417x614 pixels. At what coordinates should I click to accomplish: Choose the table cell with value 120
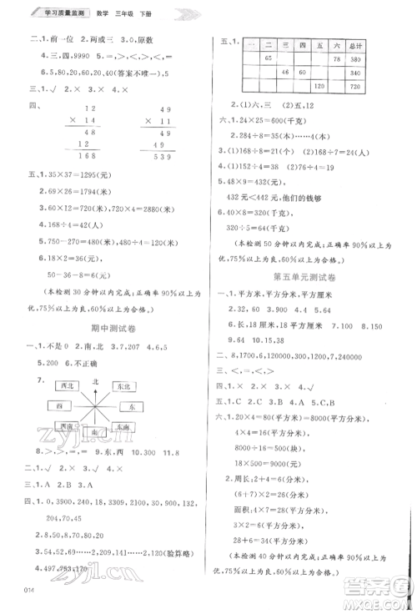coord(318,86)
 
